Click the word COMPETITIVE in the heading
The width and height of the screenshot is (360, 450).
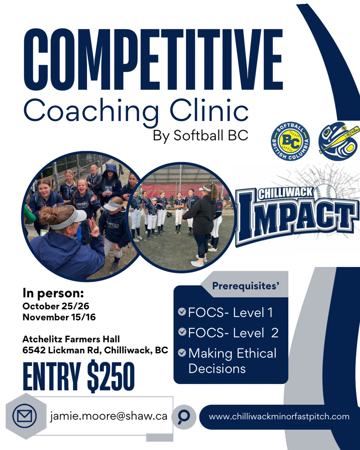click(x=153, y=60)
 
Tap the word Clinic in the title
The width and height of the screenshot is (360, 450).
click(x=209, y=109)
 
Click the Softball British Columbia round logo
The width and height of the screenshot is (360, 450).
click(x=290, y=141)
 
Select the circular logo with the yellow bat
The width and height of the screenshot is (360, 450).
click(x=339, y=141)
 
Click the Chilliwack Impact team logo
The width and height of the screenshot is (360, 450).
click(x=297, y=212)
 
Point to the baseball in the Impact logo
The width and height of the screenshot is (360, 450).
click(x=326, y=192)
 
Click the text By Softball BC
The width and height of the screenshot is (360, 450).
click(x=200, y=135)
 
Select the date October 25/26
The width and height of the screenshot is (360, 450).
click(x=56, y=306)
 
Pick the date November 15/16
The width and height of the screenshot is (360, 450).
click(x=59, y=317)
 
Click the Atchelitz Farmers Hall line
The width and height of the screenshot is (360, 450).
click(x=71, y=339)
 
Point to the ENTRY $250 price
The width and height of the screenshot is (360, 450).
click(x=79, y=376)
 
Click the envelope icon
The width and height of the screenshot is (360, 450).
click(x=25, y=416)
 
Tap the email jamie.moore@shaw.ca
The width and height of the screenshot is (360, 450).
click(x=109, y=416)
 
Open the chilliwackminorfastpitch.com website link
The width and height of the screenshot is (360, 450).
click(x=279, y=417)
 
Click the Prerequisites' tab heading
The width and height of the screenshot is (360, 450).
click(x=246, y=286)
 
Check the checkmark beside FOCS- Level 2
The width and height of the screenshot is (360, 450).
click(x=182, y=332)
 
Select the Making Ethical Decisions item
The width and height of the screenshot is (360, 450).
click(x=232, y=361)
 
